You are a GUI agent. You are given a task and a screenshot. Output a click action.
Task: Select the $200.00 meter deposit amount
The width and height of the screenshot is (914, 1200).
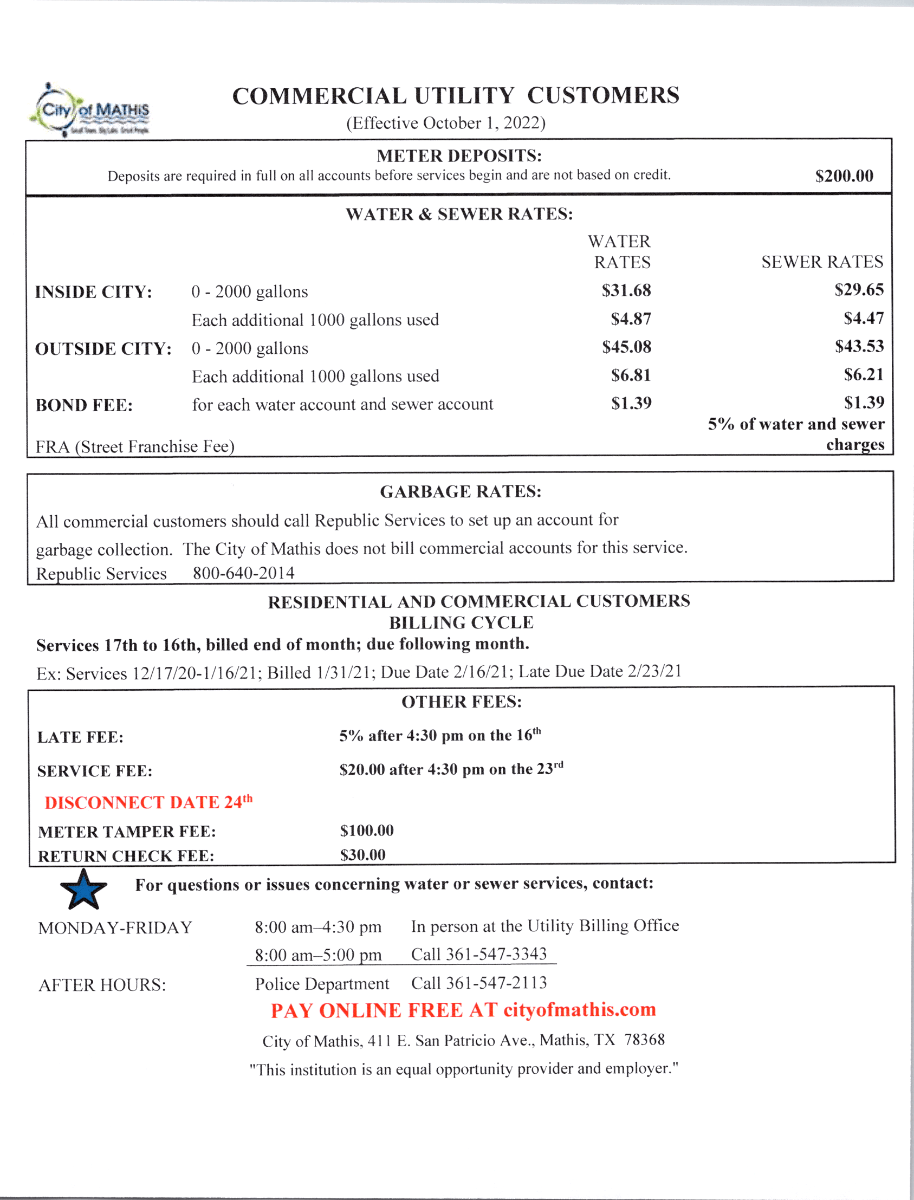pyautogui.click(x=844, y=176)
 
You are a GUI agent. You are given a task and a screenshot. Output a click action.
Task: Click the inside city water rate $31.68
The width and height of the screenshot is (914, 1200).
pyautogui.click(x=626, y=290)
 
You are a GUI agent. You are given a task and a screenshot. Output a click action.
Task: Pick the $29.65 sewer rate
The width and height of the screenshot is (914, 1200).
pyautogui.click(x=859, y=290)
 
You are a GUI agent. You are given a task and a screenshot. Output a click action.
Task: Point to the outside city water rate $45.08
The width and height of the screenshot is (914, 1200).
pyautogui.click(x=626, y=347)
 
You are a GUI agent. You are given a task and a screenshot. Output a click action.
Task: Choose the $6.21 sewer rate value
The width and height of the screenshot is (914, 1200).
pyautogui.click(x=864, y=375)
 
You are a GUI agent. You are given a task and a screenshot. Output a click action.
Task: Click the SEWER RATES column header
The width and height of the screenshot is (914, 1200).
pyautogui.click(x=822, y=262)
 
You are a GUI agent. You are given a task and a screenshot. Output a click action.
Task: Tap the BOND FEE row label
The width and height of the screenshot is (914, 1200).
pyautogui.click(x=84, y=406)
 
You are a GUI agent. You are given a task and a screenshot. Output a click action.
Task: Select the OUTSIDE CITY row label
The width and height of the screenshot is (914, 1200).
pyautogui.click(x=103, y=349)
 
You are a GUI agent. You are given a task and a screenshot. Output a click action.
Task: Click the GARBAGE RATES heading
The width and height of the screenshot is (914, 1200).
pyautogui.click(x=461, y=492)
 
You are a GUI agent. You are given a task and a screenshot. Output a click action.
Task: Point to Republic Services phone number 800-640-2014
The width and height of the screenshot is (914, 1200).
pyautogui.click(x=243, y=573)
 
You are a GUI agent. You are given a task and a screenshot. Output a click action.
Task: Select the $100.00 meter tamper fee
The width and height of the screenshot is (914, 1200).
pyautogui.click(x=367, y=831)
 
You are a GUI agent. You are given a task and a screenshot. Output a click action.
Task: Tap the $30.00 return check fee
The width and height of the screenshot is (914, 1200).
pyautogui.click(x=362, y=855)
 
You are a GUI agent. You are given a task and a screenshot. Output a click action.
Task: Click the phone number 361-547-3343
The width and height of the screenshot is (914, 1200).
pyautogui.click(x=496, y=954)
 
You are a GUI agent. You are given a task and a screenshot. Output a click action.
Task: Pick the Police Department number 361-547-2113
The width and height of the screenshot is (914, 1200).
pyautogui.click(x=496, y=983)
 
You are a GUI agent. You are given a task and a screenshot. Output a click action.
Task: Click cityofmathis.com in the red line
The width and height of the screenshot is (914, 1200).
pyautogui.click(x=579, y=1010)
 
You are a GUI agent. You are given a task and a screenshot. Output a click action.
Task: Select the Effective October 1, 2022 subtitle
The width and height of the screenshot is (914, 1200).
pyautogui.click(x=445, y=123)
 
